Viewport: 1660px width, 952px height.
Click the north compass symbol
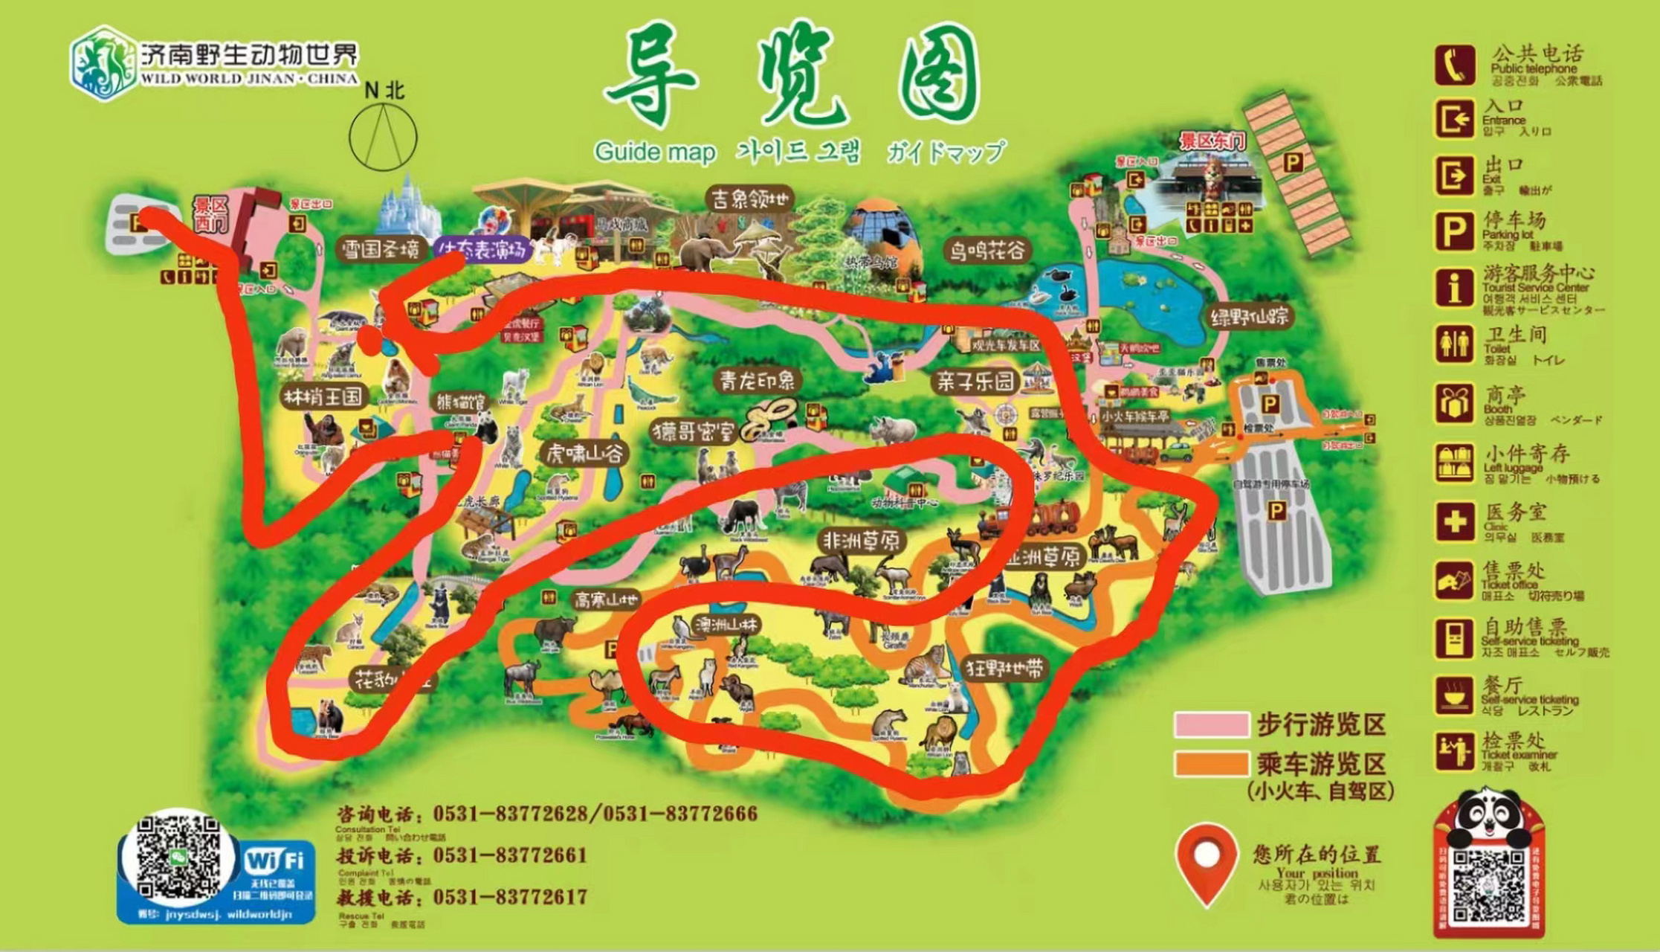tap(383, 137)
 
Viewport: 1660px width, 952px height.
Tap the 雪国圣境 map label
tap(381, 249)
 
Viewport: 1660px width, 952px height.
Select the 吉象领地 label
tap(750, 199)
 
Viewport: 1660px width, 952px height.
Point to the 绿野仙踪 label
tap(1249, 317)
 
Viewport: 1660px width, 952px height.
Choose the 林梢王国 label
tap(323, 396)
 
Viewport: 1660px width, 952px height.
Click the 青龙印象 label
tap(756, 381)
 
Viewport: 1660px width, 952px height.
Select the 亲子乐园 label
tap(975, 382)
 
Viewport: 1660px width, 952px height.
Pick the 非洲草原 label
tap(860, 541)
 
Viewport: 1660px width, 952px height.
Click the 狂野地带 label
tap(1005, 669)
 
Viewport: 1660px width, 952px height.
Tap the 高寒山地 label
tap(606, 599)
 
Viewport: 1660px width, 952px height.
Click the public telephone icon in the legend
tap(1454, 65)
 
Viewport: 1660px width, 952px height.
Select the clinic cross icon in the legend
tap(1454, 522)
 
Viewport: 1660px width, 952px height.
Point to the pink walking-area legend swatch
tap(1211, 724)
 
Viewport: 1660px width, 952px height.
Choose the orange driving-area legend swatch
tap(1211, 764)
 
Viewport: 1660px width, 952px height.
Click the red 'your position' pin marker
tap(1206, 863)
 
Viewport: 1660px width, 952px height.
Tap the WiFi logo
tap(275, 861)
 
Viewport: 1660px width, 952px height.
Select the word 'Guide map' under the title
tap(654, 152)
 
